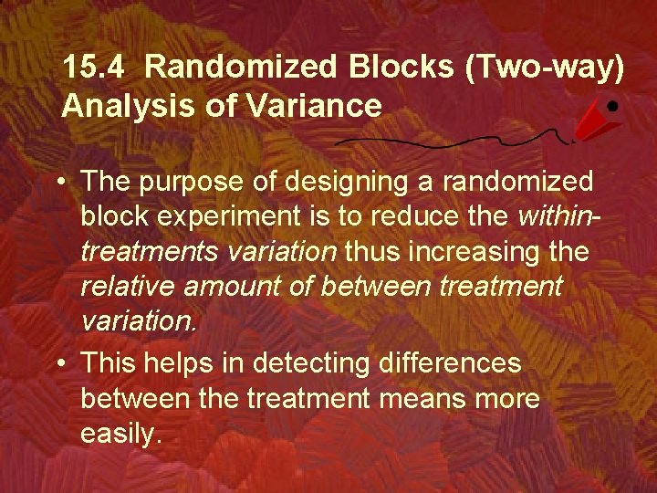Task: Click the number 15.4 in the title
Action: click(x=96, y=67)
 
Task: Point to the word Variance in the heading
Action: click(x=309, y=106)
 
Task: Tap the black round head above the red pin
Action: click(x=614, y=105)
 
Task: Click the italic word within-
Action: click(x=558, y=215)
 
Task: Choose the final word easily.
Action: click(x=120, y=433)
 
